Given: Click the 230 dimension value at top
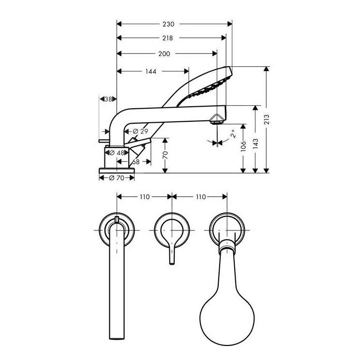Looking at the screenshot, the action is click(168, 24).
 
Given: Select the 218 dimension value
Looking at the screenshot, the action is click(167, 38).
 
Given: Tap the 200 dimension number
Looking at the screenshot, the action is click(164, 54).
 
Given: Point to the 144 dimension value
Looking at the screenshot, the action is click(150, 72).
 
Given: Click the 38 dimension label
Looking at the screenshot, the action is click(108, 99).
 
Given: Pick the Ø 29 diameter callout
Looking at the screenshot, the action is click(140, 131).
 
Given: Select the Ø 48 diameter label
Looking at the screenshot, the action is click(117, 153).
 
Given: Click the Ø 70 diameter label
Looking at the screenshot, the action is click(117, 178).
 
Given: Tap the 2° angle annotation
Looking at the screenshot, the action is click(234, 133).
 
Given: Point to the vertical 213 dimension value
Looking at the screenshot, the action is click(267, 119).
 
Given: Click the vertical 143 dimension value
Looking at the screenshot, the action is click(255, 144).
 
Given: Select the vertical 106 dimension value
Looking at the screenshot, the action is click(243, 146).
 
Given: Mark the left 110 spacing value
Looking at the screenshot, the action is click(145, 197).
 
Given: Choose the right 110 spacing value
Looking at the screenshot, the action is click(201, 197).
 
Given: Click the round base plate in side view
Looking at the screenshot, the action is click(117, 171).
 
